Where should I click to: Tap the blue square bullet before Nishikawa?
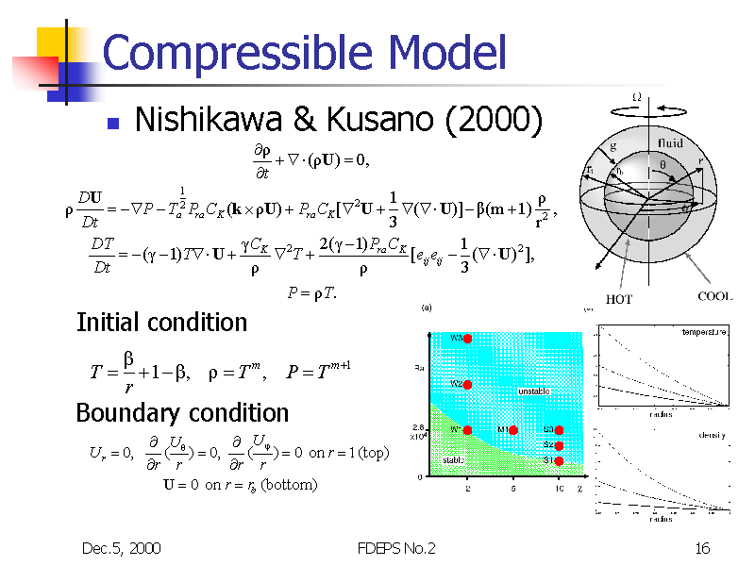click(x=112, y=123)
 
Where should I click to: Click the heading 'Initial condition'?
click(x=160, y=323)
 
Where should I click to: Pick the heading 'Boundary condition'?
click(x=182, y=413)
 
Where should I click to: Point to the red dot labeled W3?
click(x=467, y=339)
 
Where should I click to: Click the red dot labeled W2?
click(x=467, y=384)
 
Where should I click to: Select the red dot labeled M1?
click(x=513, y=430)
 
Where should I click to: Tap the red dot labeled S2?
click(x=559, y=445)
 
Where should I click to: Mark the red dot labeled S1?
click(x=559, y=460)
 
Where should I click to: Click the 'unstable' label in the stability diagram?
click(x=533, y=391)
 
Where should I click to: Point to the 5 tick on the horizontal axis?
click(x=513, y=489)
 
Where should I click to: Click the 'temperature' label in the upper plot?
click(x=704, y=333)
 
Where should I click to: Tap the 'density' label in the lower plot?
click(x=713, y=435)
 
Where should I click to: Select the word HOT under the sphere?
click(x=619, y=300)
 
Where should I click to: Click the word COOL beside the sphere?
click(x=714, y=296)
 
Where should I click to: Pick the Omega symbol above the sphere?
click(x=636, y=97)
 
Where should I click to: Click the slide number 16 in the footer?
click(x=701, y=548)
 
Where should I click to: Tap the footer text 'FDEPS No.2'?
click(x=397, y=548)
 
